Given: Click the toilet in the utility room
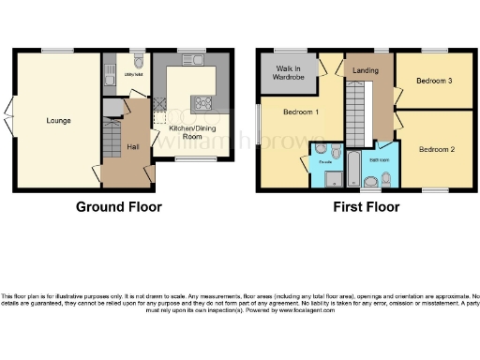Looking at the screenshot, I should click(138, 64).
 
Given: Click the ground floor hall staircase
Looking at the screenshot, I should click(110, 141).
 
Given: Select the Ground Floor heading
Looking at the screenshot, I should click(118, 207).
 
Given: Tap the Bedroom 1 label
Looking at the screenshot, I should click(301, 112).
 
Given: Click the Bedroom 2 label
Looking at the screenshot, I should click(437, 149).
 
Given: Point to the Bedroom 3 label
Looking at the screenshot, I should click(435, 81).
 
